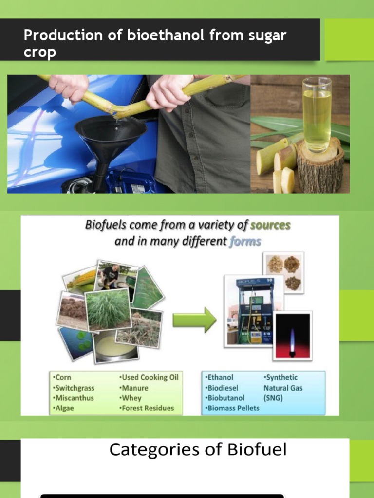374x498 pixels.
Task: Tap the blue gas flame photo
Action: pos(292,336)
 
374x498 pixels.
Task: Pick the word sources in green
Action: pos(270,226)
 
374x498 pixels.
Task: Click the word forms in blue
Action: pos(245,241)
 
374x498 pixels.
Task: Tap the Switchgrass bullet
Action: pos(73,388)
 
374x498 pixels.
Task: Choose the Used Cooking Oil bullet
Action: pos(149,377)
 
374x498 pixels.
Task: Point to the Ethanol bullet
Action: pos(220,377)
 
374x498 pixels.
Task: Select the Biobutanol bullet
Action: pos(225,398)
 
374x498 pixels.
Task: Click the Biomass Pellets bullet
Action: pos(233,409)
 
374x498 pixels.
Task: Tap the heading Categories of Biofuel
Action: pos(198,450)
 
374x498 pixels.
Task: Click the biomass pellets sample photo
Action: pos(284,272)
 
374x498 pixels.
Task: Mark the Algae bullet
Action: pos(62,409)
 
